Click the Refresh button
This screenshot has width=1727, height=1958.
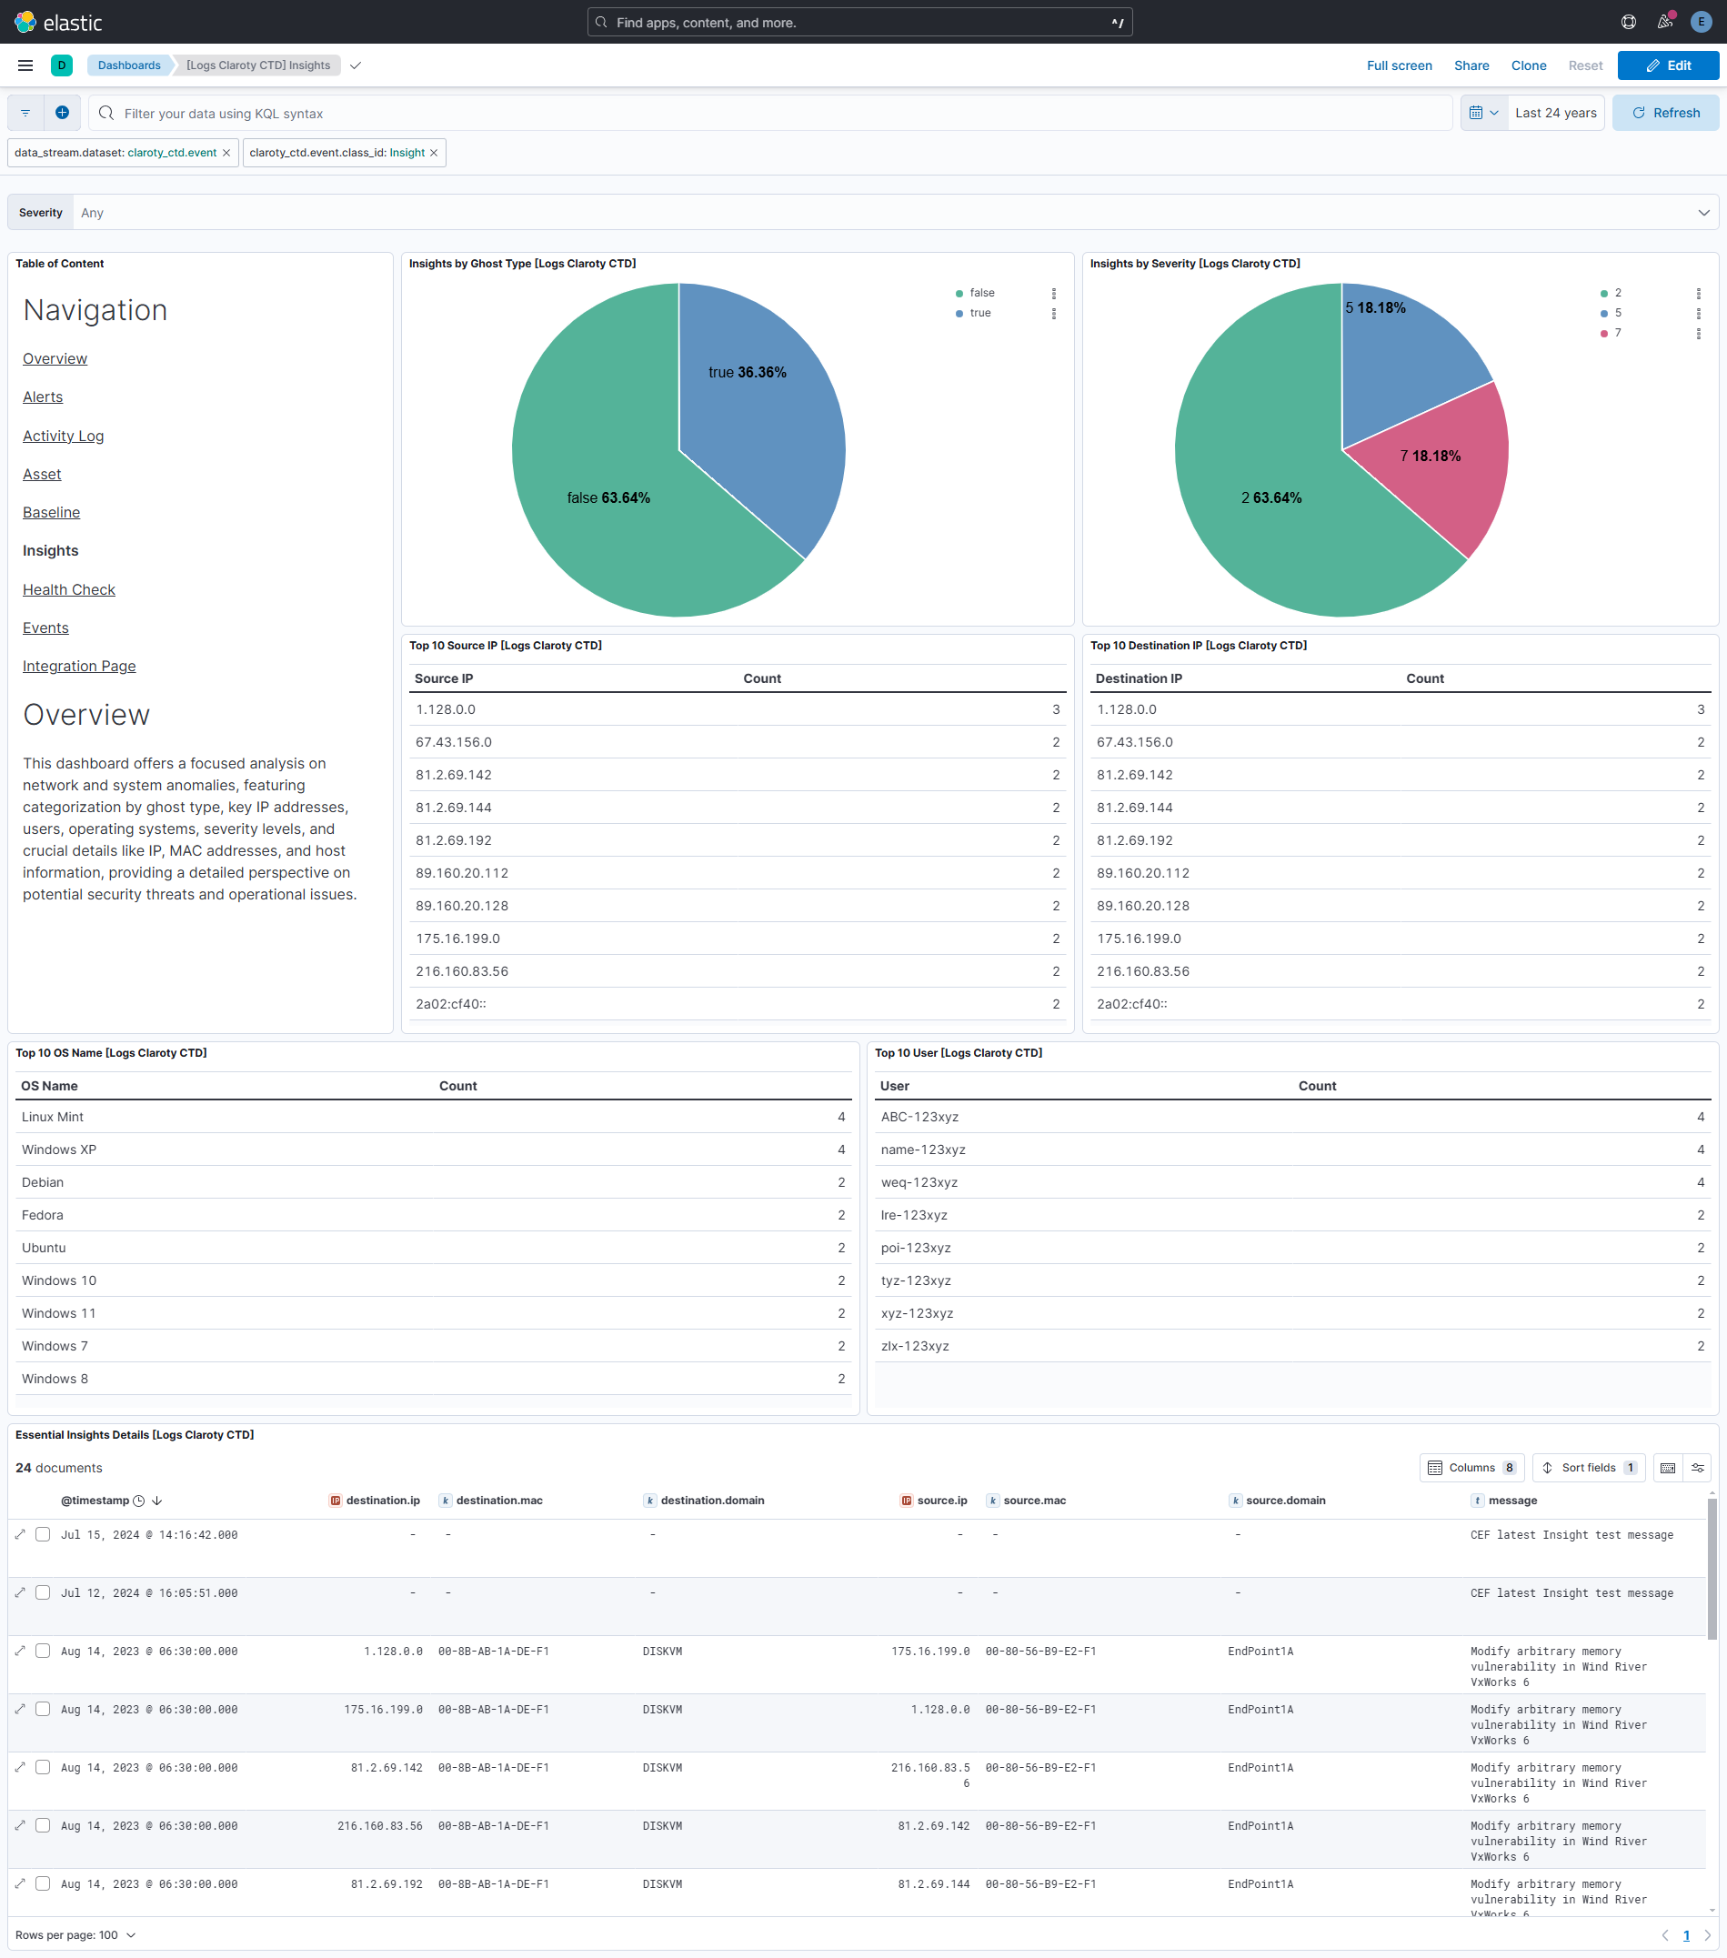tap(1665, 113)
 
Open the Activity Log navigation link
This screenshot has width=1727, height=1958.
tap(64, 436)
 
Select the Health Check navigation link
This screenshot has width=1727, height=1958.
tap(69, 590)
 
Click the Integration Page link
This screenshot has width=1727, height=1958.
tap(79, 667)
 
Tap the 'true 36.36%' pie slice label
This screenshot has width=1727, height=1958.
tap(748, 373)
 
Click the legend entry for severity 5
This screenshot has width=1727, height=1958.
tap(1618, 313)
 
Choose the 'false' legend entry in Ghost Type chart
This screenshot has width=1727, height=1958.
tap(982, 293)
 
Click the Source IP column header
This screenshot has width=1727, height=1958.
tap(444, 678)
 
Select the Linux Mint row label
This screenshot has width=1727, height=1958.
tap(53, 1117)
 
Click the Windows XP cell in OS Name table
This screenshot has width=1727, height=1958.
tap(59, 1150)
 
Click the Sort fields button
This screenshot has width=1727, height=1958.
tap(1587, 1468)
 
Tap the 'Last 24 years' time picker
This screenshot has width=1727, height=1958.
tap(1554, 113)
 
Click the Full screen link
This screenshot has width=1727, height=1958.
tap(1399, 66)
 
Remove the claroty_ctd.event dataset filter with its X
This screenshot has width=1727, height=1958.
tap(226, 154)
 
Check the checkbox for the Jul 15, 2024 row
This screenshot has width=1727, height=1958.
tap(43, 1534)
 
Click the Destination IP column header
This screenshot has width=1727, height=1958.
tap(1138, 678)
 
